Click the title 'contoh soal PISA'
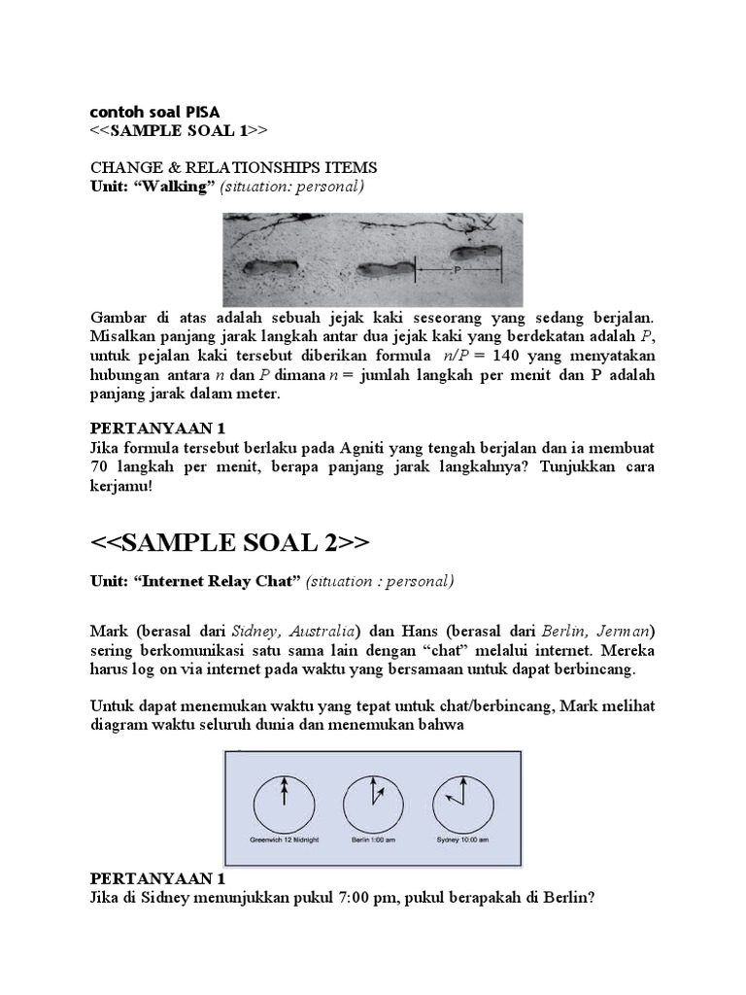[155, 113]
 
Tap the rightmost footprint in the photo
[475, 255]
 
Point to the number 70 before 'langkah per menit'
[99, 466]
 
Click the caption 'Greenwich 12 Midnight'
[285, 838]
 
